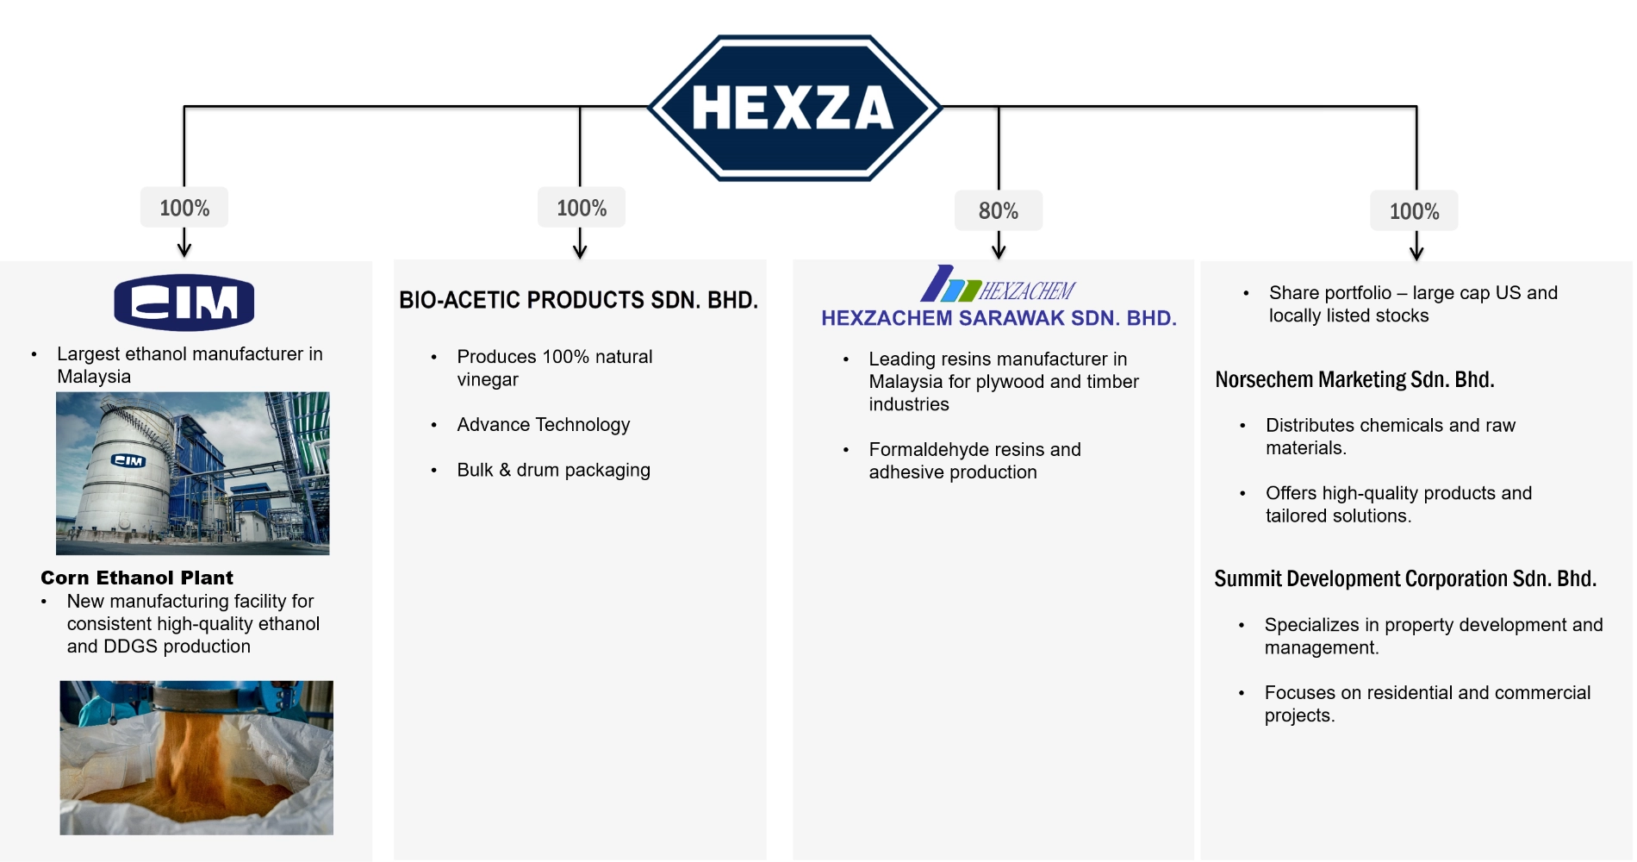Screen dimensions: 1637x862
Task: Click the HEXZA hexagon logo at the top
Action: click(x=794, y=108)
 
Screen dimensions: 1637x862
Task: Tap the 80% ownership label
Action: click(x=999, y=211)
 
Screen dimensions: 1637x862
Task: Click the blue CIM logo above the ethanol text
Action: click(x=184, y=303)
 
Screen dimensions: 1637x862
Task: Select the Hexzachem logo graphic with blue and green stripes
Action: click(x=998, y=284)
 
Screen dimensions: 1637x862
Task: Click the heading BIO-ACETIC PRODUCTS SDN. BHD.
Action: click(x=578, y=300)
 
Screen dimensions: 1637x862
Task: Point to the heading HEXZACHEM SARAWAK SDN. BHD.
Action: click(x=999, y=318)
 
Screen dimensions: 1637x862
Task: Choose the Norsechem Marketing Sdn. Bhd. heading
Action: click(x=1354, y=379)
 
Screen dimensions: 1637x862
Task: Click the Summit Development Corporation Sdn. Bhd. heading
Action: click(x=1405, y=578)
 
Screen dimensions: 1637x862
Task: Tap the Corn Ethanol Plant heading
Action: click(x=137, y=578)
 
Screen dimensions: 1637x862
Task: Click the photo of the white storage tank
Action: click(x=193, y=473)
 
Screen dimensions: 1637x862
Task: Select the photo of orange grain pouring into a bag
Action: click(x=196, y=758)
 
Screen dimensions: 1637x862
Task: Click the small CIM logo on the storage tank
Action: click(x=128, y=461)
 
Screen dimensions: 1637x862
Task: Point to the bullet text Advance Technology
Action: click(x=544, y=425)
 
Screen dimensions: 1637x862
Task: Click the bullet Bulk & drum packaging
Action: click(x=553, y=470)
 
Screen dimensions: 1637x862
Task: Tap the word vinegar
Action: click(x=488, y=380)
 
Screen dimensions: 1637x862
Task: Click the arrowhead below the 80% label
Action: click(x=999, y=251)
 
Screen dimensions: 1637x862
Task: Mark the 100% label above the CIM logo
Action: click(x=184, y=208)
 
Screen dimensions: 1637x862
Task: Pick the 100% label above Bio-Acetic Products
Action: click(x=582, y=208)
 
